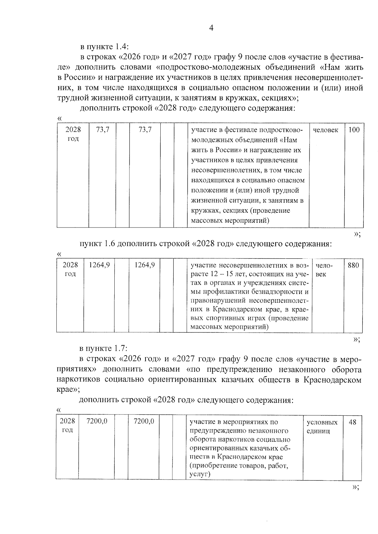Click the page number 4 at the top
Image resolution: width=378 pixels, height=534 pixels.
[211, 28]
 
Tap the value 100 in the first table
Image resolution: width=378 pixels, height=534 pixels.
[354, 130]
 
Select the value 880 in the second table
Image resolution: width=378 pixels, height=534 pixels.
[353, 265]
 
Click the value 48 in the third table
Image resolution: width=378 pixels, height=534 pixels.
[352, 422]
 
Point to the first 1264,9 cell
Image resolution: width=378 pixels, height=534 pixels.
[99, 265]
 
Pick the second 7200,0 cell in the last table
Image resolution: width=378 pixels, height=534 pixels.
[144, 421]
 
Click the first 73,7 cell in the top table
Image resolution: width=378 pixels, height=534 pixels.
[103, 130]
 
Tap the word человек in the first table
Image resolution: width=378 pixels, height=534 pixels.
[326, 130]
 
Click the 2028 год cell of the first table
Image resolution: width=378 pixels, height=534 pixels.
[73, 134]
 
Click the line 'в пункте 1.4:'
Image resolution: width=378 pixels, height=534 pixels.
[104, 47]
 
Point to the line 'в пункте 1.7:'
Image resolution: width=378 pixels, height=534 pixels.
[103, 349]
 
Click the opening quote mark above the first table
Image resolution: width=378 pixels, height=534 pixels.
[59, 118]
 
